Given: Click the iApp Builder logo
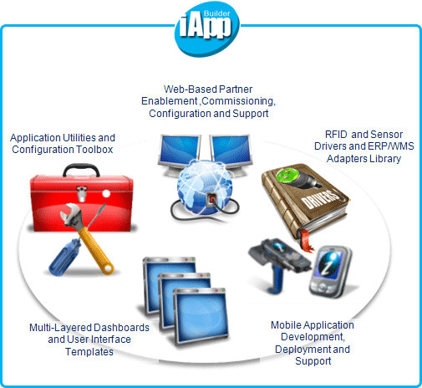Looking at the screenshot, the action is [x=206, y=29].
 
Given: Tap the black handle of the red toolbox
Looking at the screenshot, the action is [x=81, y=170].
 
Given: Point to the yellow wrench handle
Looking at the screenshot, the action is [x=95, y=250].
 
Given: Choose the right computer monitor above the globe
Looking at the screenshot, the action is [x=231, y=153].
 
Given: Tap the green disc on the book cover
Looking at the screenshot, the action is [x=287, y=176].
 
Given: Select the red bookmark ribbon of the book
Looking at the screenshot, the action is [x=306, y=241].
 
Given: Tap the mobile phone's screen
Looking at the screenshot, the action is [x=329, y=265].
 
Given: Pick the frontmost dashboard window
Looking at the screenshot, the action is [x=201, y=318].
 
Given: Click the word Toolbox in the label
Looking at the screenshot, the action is [x=94, y=150].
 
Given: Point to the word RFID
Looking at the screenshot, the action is [x=336, y=135].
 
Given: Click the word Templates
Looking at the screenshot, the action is [x=89, y=352].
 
